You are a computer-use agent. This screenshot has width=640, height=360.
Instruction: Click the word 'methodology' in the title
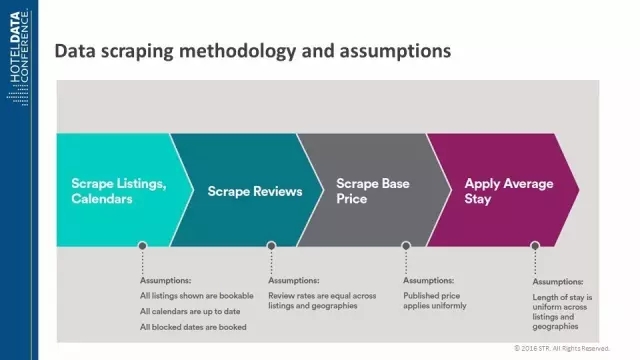(237, 51)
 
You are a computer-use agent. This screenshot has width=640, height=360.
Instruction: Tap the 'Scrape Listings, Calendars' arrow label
(119, 191)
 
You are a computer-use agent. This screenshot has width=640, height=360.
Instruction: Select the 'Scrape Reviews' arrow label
(255, 191)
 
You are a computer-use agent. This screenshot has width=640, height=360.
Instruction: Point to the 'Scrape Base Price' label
(373, 191)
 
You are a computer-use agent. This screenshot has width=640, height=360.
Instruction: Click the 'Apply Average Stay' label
(509, 191)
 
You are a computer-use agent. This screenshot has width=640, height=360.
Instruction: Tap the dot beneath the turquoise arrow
(142, 246)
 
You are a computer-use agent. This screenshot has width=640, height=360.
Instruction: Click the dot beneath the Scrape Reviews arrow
(271, 246)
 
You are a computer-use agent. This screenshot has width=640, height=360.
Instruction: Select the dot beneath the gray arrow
(406, 246)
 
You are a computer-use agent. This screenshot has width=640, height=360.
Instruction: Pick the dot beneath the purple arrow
(535, 246)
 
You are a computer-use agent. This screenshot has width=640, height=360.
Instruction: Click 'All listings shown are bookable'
(197, 296)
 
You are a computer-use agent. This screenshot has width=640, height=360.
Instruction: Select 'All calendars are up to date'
(190, 311)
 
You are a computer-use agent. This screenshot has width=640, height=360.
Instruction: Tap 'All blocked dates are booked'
(193, 327)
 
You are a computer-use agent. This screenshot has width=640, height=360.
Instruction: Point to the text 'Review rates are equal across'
(322, 296)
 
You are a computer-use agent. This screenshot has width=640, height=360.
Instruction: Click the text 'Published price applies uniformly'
(435, 300)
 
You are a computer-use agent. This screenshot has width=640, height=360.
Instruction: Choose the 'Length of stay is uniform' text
(562, 302)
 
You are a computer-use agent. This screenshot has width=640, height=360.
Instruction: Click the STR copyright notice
(562, 348)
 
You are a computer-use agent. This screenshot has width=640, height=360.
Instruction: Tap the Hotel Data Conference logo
(18, 57)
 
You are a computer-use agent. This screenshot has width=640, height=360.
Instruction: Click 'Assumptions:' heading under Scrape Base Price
(429, 280)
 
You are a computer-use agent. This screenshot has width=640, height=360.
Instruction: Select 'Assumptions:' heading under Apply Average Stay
(558, 282)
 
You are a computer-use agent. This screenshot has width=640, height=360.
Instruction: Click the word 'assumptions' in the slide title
(395, 51)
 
